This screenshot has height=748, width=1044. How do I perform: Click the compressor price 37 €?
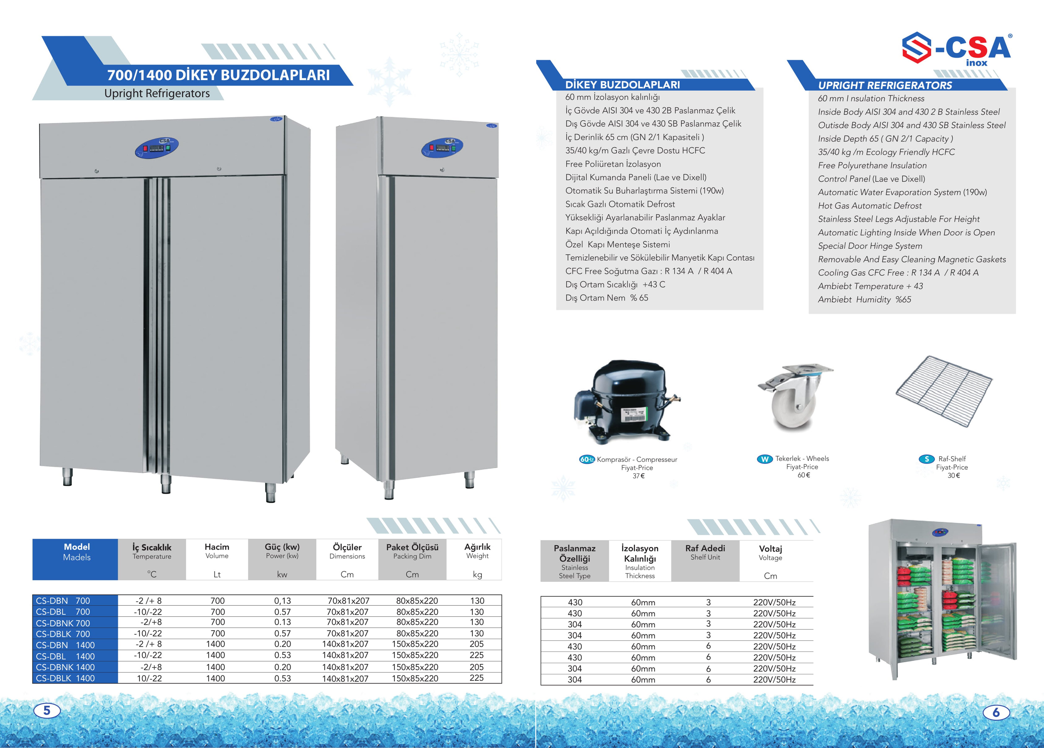click(x=638, y=476)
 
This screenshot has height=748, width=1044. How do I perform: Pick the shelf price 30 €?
click(x=953, y=475)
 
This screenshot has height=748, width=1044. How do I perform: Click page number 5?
click(x=47, y=710)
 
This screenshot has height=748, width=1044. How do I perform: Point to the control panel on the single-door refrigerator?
click(x=442, y=147)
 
